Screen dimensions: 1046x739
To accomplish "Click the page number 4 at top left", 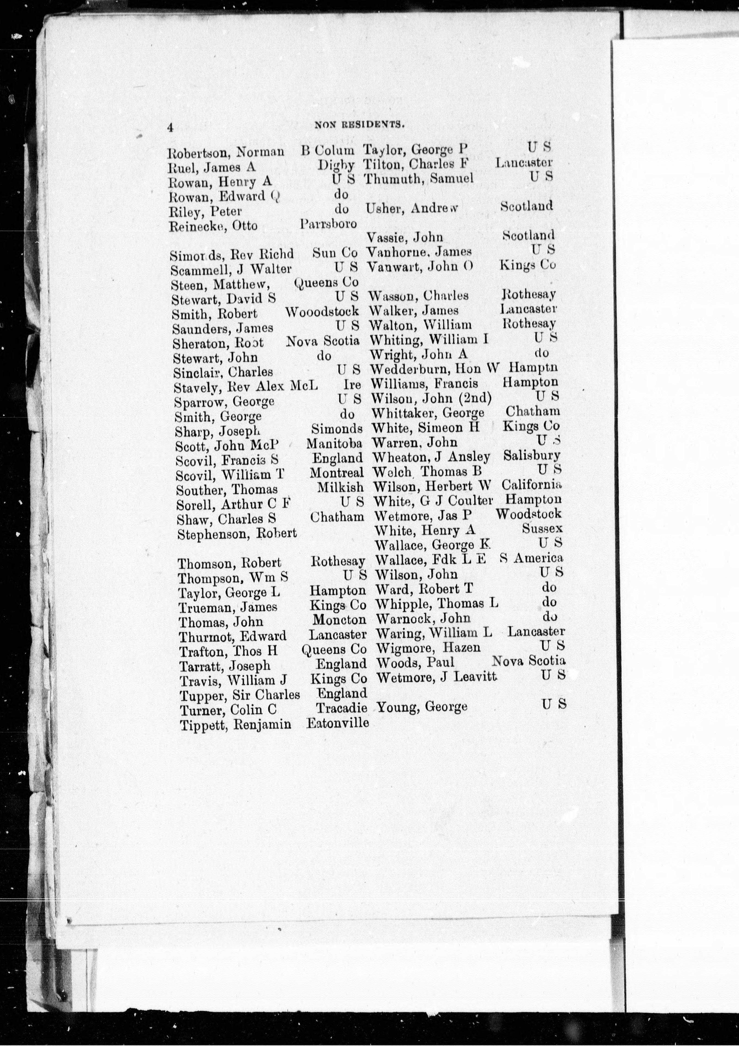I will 170,128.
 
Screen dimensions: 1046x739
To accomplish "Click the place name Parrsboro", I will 328,224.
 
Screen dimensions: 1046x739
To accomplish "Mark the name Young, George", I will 422,707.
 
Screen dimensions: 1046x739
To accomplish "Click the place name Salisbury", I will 532,456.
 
